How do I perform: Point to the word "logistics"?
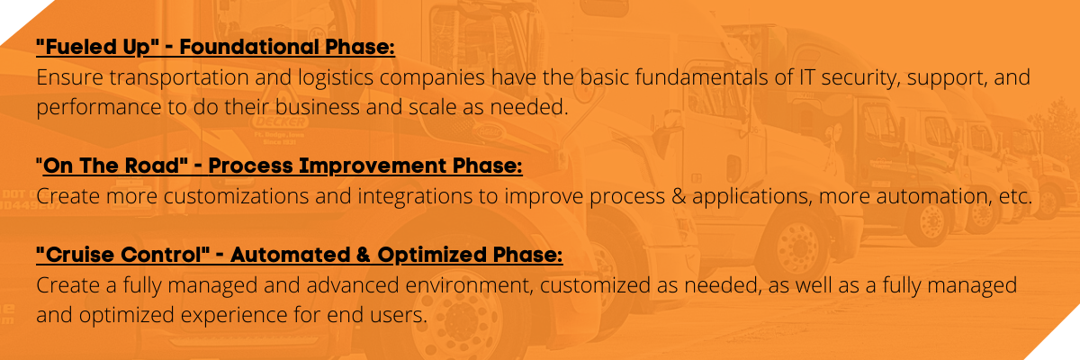click(336, 78)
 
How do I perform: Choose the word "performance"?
click(99, 107)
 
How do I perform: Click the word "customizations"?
click(236, 196)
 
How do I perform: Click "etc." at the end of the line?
click(1015, 196)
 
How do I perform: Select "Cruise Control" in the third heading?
click(123, 255)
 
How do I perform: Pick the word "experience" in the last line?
click(234, 316)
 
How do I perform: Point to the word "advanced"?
click(353, 284)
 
